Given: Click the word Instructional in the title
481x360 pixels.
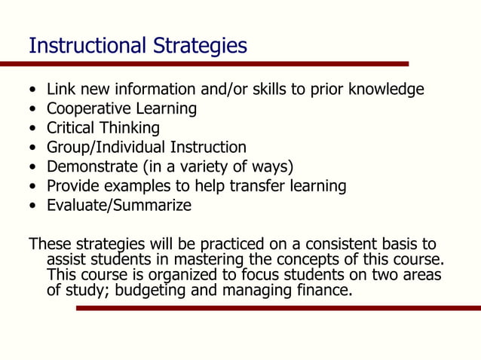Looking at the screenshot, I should [79, 47].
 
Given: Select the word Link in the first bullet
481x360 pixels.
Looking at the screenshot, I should [60, 90].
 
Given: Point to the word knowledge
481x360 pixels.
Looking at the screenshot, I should [388, 90].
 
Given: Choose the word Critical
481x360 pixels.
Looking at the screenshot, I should [72, 128].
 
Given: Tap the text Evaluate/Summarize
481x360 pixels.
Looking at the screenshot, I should [119, 206].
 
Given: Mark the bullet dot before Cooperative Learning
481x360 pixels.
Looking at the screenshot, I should [32, 110].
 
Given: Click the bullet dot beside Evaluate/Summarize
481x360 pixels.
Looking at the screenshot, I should [32, 206].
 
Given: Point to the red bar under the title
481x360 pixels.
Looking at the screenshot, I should [204, 64].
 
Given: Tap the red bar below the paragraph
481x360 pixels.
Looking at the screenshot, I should [278, 308].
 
